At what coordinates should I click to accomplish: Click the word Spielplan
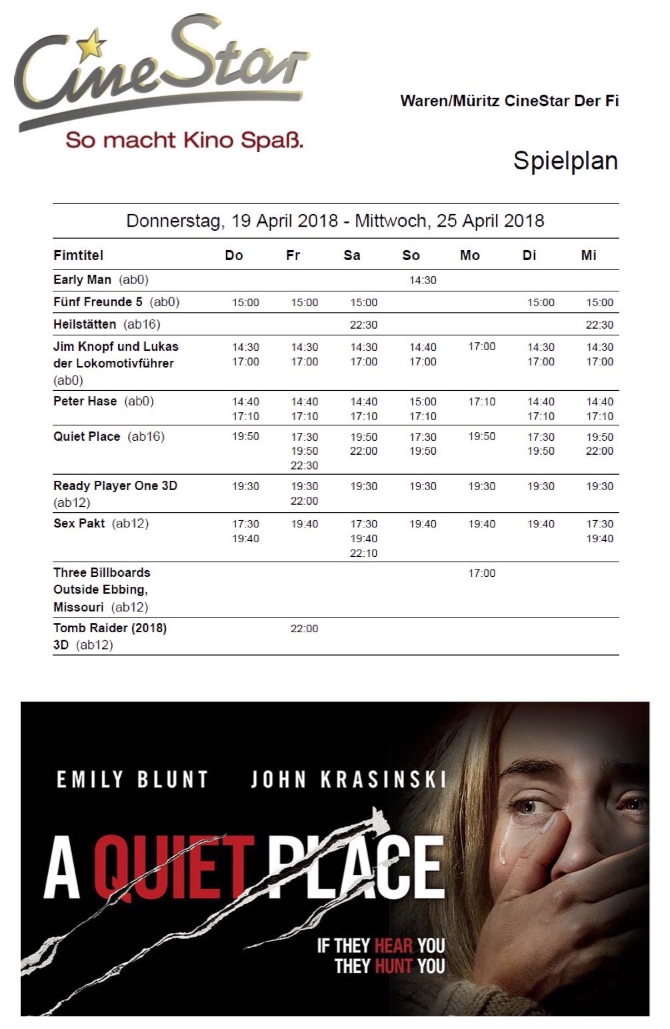click(x=565, y=161)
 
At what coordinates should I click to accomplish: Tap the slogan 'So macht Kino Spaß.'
click(x=184, y=140)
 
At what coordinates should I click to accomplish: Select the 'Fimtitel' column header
click(x=79, y=255)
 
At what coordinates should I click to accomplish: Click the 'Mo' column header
click(x=470, y=255)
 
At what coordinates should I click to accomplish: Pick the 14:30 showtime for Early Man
click(x=423, y=280)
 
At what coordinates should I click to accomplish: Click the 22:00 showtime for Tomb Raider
click(x=304, y=628)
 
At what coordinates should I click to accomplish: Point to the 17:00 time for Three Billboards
click(x=481, y=573)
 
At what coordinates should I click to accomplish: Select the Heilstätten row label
click(x=85, y=324)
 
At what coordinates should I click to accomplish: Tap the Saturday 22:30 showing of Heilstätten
click(x=363, y=325)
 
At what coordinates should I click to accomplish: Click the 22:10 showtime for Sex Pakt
click(x=363, y=553)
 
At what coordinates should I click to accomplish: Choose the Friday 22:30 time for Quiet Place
click(x=304, y=465)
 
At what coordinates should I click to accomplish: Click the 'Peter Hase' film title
click(x=85, y=401)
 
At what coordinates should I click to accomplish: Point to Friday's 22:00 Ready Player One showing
click(x=304, y=501)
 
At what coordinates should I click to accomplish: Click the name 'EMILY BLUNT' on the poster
click(x=132, y=780)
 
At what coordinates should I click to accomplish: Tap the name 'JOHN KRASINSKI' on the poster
click(x=348, y=780)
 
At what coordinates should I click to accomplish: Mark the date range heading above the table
click(x=335, y=221)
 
